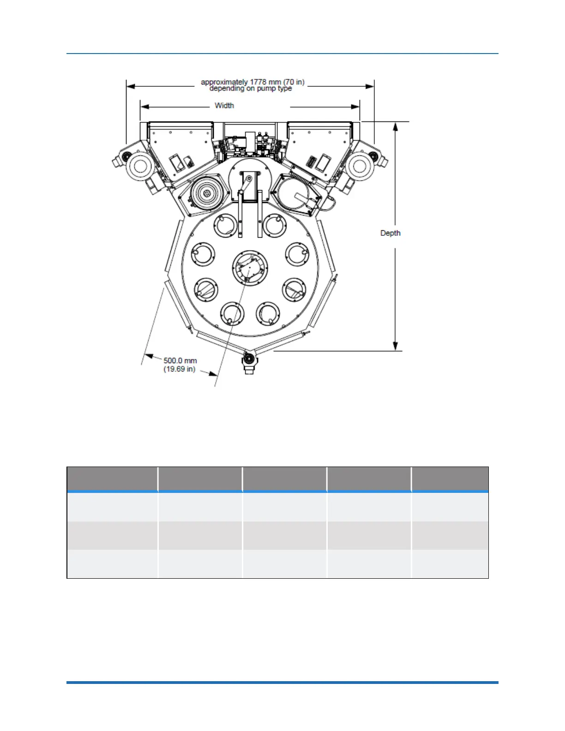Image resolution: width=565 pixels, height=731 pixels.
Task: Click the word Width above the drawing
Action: pyautogui.click(x=224, y=106)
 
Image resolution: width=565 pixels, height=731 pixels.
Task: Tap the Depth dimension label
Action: pyautogui.click(x=391, y=233)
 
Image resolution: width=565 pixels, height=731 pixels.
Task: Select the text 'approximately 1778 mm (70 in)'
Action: pyautogui.click(x=252, y=82)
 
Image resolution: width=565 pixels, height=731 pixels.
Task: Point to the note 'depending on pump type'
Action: pyautogui.click(x=251, y=89)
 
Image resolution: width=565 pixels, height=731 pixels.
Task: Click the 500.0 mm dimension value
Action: pyautogui.click(x=180, y=360)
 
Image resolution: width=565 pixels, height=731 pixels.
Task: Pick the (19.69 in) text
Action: pyautogui.click(x=180, y=369)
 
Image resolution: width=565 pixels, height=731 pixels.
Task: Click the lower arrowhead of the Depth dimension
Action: pyautogui.click(x=396, y=346)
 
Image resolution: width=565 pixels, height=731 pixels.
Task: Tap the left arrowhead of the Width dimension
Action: pyautogui.click(x=145, y=107)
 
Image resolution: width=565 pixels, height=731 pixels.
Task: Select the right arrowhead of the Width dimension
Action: pyautogui.click(x=355, y=107)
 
